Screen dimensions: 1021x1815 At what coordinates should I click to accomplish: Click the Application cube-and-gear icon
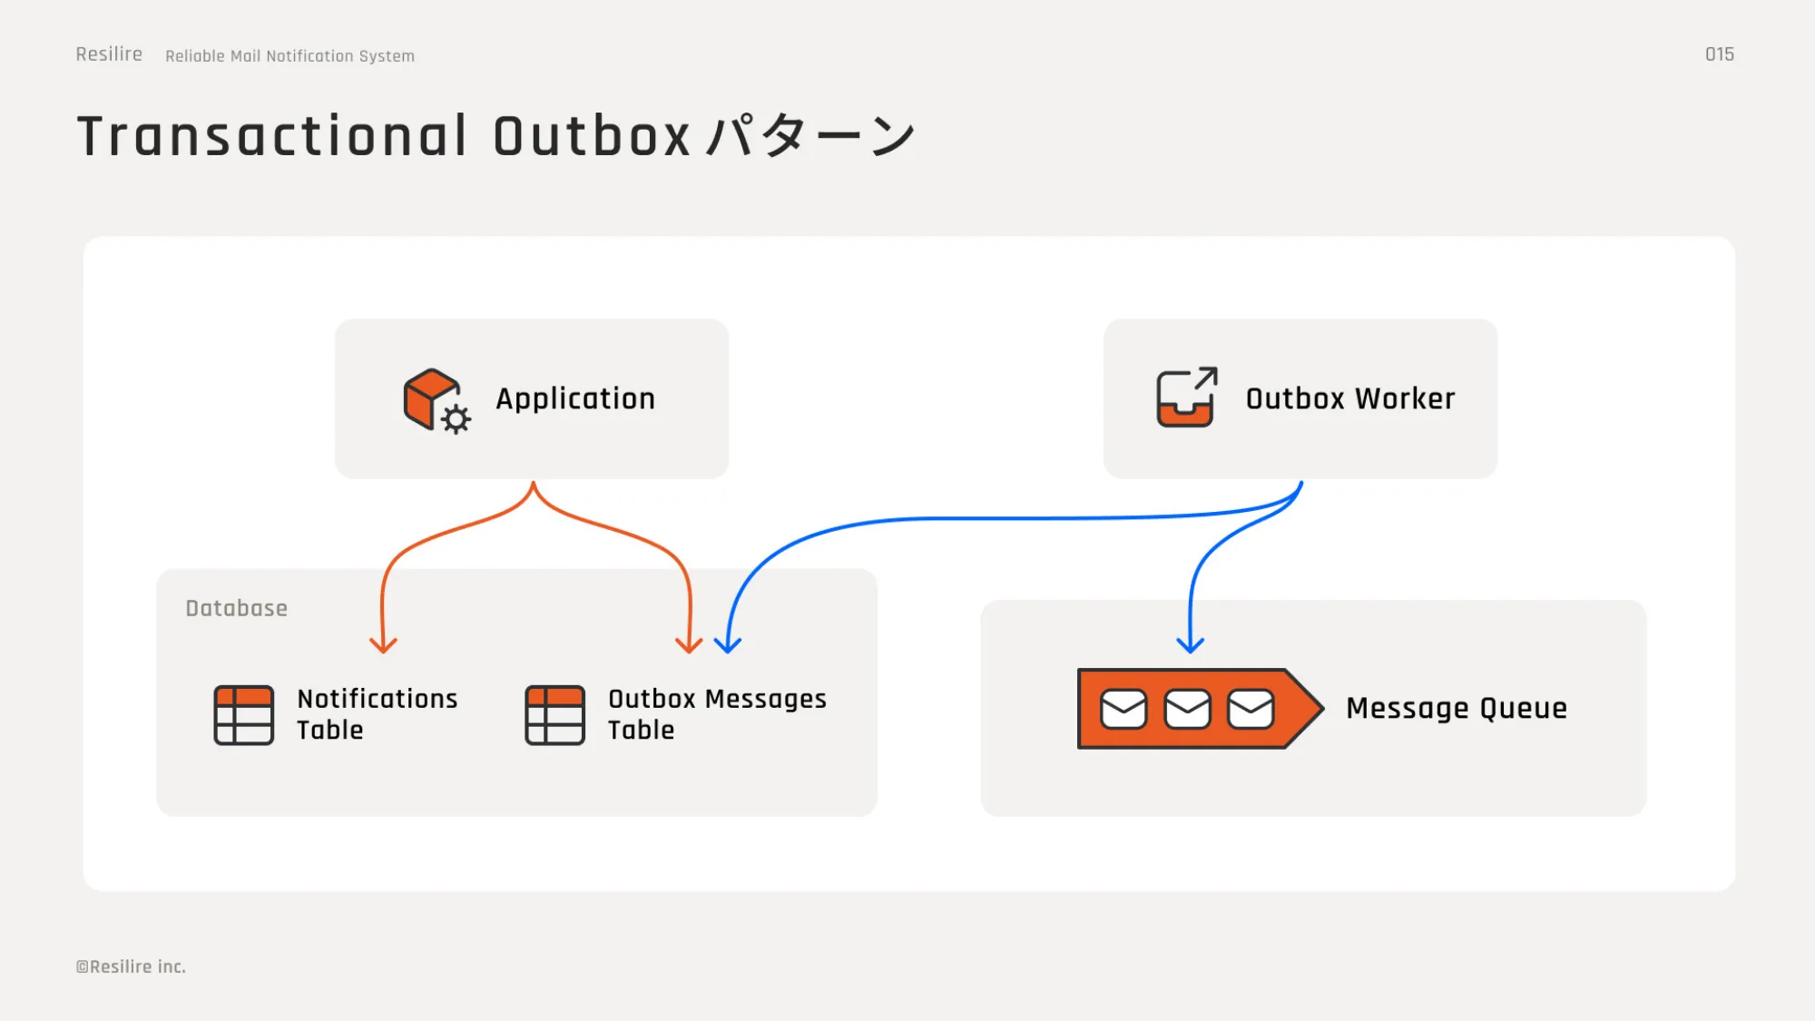point(435,399)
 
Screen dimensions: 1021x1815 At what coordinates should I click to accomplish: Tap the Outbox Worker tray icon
point(1185,398)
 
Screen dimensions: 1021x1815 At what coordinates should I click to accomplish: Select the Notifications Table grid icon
point(243,715)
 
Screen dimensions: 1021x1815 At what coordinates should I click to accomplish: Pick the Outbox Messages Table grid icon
point(554,715)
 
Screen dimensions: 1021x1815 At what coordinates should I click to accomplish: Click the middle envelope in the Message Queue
point(1187,709)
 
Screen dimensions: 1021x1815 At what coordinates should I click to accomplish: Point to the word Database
point(236,608)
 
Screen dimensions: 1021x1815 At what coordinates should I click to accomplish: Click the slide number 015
point(1719,54)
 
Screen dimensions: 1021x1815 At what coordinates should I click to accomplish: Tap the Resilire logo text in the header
point(109,54)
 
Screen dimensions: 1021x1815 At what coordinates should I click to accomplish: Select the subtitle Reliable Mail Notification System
point(289,56)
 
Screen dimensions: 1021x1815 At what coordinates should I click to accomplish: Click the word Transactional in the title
point(272,136)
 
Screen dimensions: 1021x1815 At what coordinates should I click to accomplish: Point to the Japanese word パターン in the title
point(810,136)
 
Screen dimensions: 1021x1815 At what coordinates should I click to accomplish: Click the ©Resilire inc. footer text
point(131,967)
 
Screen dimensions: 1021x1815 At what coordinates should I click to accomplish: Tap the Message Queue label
point(1456,708)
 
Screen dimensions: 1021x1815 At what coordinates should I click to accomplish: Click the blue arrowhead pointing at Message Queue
point(1190,645)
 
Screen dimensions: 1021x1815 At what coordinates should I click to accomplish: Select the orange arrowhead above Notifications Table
point(383,645)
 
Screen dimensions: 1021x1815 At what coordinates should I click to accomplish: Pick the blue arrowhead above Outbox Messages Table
point(728,645)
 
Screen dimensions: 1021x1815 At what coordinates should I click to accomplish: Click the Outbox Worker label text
point(1349,398)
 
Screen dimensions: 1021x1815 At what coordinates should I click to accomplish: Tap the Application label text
point(574,398)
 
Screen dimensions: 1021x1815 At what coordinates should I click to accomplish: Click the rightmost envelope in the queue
point(1251,709)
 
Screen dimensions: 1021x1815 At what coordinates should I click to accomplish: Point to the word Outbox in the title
point(592,136)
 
